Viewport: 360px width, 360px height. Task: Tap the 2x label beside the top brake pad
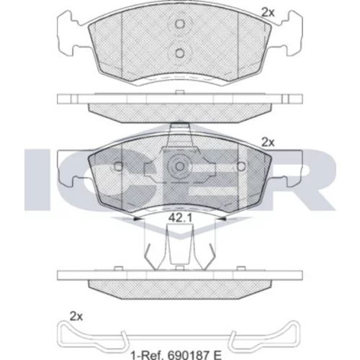(268, 12)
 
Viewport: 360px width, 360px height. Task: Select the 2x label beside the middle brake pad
(268, 143)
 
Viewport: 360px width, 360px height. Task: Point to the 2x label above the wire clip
(76, 317)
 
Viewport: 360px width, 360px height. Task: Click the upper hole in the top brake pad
(179, 24)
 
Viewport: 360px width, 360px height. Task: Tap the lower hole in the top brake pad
(179, 53)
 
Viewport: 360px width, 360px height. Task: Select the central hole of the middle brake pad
(179, 166)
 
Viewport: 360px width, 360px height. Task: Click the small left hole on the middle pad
(118, 166)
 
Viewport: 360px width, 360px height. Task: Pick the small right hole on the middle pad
(241, 166)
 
